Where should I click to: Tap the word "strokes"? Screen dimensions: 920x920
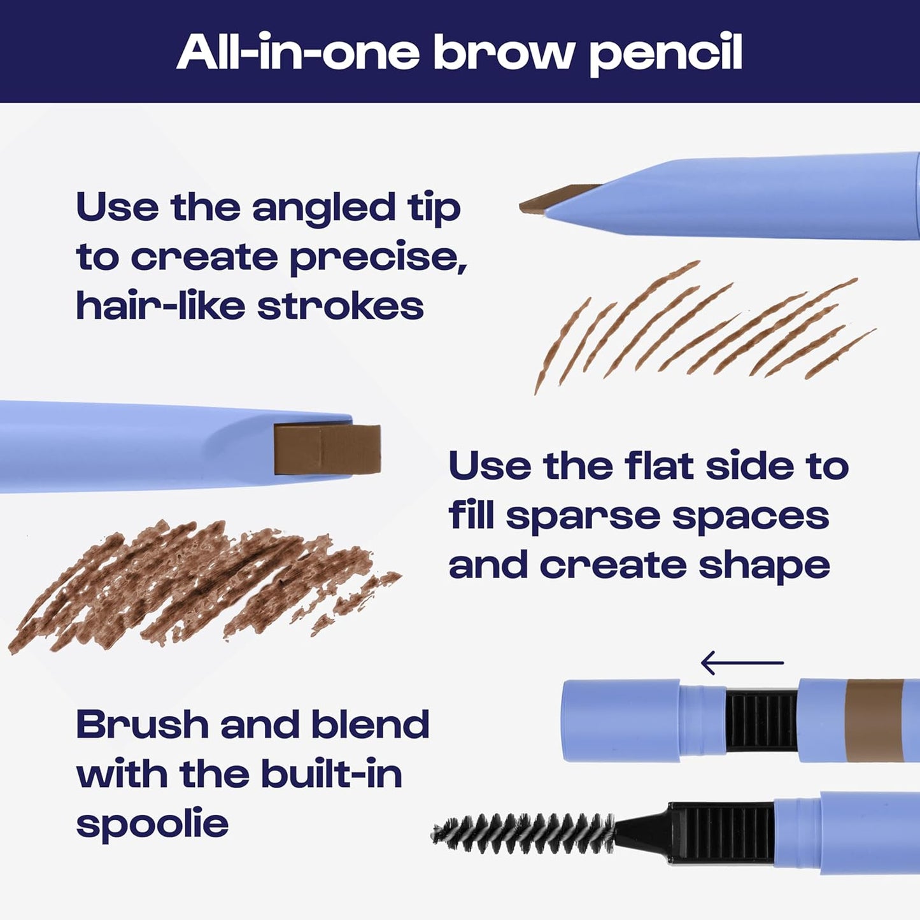pyautogui.click(x=340, y=306)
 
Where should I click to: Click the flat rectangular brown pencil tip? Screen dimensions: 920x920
pyautogui.click(x=327, y=449)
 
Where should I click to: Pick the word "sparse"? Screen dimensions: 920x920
pyautogui.click(x=583, y=517)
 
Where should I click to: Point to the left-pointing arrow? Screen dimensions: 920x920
pyautogui.click(x=742, y=663)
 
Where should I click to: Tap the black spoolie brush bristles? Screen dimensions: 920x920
pyautogui.click(x=522, y=833)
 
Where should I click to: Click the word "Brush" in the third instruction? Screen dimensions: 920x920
pyautogui.click(x=142, y=725)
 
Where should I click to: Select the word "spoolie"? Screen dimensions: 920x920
pyautogui.click(x=152, y=824)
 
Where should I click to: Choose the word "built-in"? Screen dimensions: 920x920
pyautogui.click(x=331, y=774)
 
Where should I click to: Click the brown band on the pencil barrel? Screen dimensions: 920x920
pyautogui.click(x=874, y=720)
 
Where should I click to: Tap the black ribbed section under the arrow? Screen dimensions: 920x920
pyautogui.click(x=761, y=720)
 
